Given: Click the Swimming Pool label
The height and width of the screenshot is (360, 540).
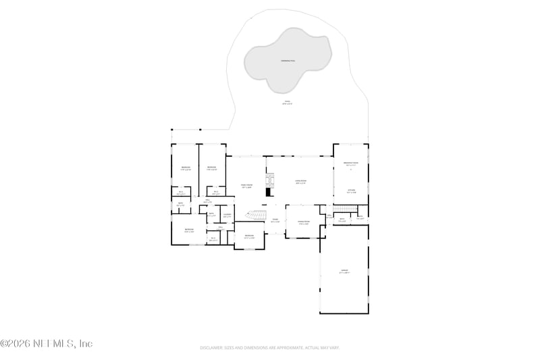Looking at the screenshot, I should point(288,61).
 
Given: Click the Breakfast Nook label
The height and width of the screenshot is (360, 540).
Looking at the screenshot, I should point(351,164).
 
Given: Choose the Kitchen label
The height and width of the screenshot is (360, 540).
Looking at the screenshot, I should point(351,191).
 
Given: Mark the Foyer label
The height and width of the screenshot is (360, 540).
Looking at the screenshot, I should point(275,220).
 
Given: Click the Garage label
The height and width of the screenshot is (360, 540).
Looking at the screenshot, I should point(344,272).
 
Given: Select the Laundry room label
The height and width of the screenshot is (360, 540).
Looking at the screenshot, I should point(227,215).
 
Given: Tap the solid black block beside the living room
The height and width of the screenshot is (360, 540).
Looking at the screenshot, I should point(267,192).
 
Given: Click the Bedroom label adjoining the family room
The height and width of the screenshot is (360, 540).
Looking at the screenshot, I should point(211,168).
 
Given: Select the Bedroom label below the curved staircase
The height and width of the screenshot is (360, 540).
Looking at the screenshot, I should point(249,236).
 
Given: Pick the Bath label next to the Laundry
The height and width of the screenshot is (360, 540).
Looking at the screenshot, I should point(211,215).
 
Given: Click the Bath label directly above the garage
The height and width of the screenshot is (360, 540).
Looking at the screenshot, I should point(342,219).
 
